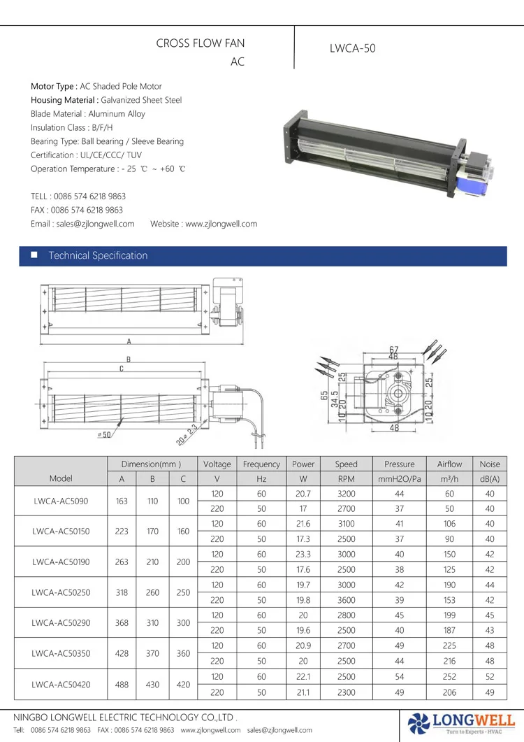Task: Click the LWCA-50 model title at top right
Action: click(352, 49)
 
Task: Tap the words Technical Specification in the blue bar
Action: click(98, 256)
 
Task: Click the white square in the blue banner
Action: click(34, 255)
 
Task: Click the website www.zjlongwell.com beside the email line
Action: click(221, 224)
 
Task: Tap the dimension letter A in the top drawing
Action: click(129, 342)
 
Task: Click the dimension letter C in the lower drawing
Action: click(122, 369)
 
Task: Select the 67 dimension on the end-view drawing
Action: click(393, 349)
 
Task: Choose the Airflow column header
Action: click(449, 464)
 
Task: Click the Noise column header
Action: click(490, 464)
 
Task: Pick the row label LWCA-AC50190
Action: click(60, 562)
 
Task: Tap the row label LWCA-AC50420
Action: click(60, 685)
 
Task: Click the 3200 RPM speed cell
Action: click(346, 494)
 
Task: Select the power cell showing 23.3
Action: click(303, 555)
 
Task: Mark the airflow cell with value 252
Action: click(449, 677)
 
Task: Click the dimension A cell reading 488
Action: click(122, 685)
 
